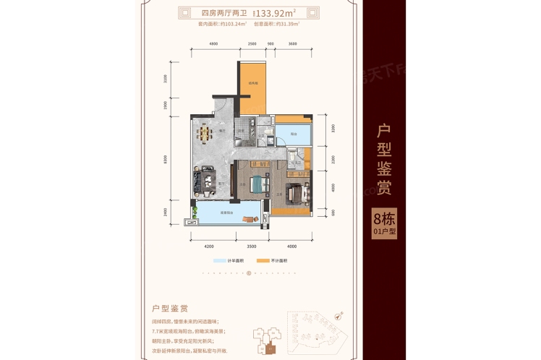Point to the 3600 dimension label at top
click(292, 45)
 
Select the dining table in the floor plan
click(205, 134)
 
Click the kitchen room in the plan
click(249, 134)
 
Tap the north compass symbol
click(338, 315)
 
